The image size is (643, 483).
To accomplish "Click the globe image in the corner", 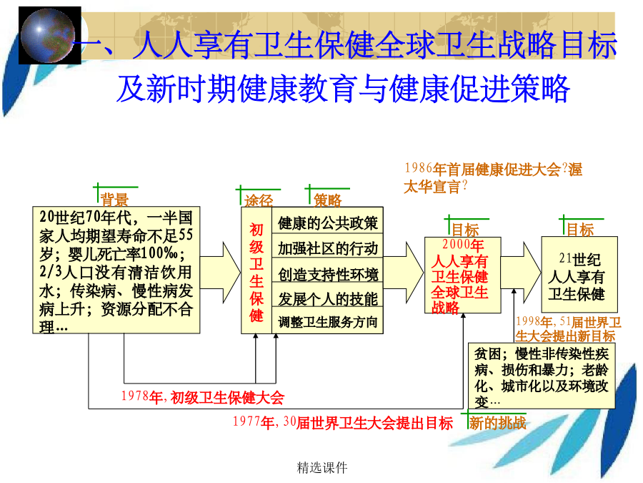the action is [49, 35].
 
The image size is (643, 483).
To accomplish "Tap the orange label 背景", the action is [114, 200].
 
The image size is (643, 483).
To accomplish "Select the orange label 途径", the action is [259, 200].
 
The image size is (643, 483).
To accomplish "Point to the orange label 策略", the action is [328, 200].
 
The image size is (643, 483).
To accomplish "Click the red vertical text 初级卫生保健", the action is [256, 273].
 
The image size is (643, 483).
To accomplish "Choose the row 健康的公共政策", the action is [328, 223].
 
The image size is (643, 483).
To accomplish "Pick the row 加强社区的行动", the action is [328, 248].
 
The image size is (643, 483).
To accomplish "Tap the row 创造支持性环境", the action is [328, 274].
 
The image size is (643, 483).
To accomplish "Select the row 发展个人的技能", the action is [328, 298].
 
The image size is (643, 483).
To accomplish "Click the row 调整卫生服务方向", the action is [328, 321].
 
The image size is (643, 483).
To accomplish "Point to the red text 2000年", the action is [463, 245].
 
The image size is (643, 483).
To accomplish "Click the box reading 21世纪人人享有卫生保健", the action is [579, 274].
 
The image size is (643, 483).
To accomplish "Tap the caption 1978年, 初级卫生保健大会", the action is [203, 397].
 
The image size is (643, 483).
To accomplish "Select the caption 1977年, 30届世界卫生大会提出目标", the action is [343, 423].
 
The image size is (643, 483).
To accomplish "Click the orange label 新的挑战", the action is [498, 423].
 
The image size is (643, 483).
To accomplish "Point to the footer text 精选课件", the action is [322, 467].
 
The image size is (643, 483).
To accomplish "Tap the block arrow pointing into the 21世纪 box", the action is [521, 273].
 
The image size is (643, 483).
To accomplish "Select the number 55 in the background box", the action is [186, 235].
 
